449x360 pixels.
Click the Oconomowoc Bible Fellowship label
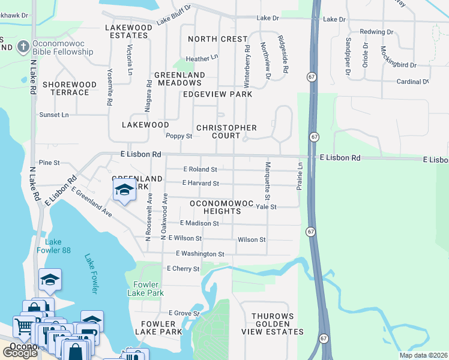pyautogui.click(x=64, y=47)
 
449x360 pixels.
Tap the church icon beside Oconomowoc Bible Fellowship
pyautogui.click(x=23, y=47)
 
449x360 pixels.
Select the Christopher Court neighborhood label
pyautogui.click(x=226, y=131)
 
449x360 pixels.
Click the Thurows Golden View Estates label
pyautogui.click(x=273, y=324)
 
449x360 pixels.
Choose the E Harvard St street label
pyautogui.click(x=200, y=183)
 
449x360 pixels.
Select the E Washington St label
pyautogui.click(x=200, y=254)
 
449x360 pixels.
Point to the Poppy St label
pyautogui.click(x=178, y=136)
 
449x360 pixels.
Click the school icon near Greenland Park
pyautogui.click(x=124, y=190)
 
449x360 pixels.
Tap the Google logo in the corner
pyautogui.click(x=20, y=353)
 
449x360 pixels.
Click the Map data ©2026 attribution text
pyautogui.click(x=423, y=355)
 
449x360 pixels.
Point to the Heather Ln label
pyautogui.click(x=201, y=59)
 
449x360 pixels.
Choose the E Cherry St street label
pyautogui.click(x=182, y=269)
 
